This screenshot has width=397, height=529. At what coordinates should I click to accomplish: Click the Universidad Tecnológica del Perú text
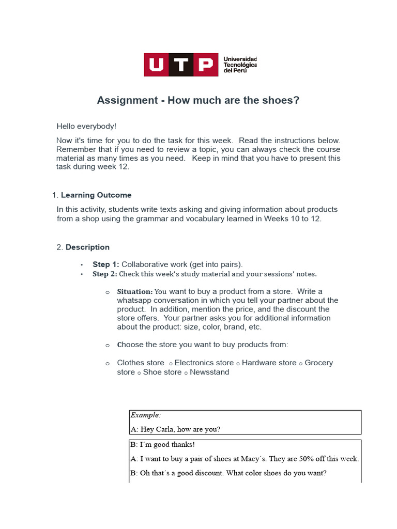(239, 65)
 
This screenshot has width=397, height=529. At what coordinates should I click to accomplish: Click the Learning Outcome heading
(96, 195)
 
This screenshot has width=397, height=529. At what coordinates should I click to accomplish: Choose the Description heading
(87, 247)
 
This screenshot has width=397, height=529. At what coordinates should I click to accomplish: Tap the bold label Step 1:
(105, 264)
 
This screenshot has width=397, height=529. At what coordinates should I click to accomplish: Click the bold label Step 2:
(105, 274)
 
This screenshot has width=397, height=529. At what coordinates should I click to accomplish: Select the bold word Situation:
(135, 291)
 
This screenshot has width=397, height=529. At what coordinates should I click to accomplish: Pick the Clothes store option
(141, 363)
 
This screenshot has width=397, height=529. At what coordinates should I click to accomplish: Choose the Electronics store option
(204, 363)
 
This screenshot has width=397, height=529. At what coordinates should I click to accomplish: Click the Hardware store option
(269, 363)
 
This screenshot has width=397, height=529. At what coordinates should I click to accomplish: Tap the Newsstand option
(209, 372)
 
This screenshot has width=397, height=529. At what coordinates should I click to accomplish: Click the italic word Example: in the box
(145, 415)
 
